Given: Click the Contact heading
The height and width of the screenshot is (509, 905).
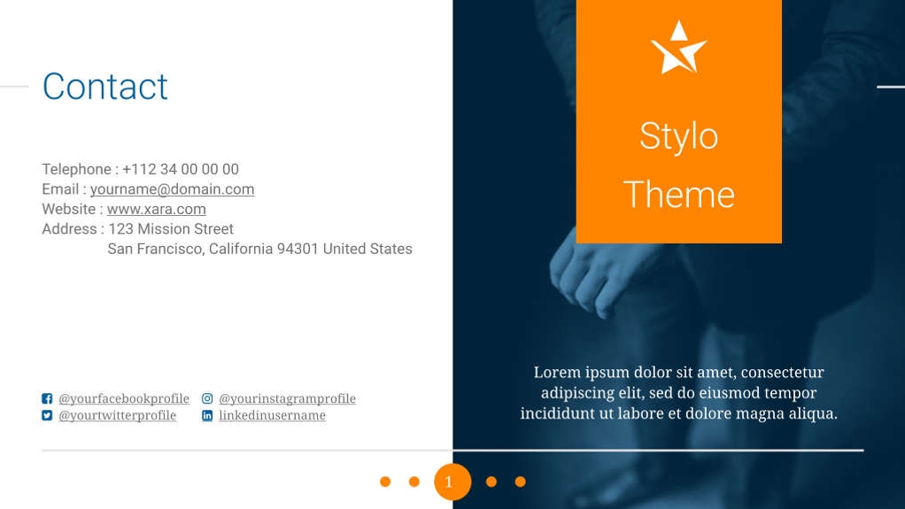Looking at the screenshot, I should pyautogui.click(x=104, y=87).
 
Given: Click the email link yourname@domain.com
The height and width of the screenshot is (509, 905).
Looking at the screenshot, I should pyautogui.click(x=172, y=189).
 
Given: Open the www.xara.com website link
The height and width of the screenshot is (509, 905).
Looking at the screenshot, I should pyautogui.click(x=156, y=209).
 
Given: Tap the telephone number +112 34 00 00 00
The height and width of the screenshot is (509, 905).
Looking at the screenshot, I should pyautogui.click(x=180, y=169).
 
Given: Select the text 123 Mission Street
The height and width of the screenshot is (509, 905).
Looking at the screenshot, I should pyautogui.click(x=170, y=229).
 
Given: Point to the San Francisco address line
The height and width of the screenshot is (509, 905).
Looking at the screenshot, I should pyautogui.click(x=259, y=249).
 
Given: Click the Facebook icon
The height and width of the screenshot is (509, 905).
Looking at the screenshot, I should pyautogui.click(x=47, y=398).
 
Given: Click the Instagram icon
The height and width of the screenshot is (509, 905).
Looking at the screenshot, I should pyautogui.click(x=207, y=398).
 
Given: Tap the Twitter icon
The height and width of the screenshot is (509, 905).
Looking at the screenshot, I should pyautogui.click(x=47, y=415).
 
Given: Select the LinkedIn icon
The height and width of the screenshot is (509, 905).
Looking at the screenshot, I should pyautogui.click(x=207, y=415).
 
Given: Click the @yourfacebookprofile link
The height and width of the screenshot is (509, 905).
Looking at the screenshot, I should pyautogui.click(x=124, y=398).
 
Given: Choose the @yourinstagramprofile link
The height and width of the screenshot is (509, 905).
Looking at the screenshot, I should pyautogui.click(x=287, y=398).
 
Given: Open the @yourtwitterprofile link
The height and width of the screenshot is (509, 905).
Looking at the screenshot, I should pyautogui.click(x=117, y=415).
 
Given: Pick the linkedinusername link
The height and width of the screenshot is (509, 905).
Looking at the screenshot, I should pyautogui.click(x=272, y=415).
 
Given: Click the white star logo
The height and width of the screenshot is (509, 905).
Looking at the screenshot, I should pyautogui.click(x=678, y=48).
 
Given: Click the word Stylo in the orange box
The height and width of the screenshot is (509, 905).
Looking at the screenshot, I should pyautogui.click(x=678, y=136).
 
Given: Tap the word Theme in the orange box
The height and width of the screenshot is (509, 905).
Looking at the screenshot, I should pyautogui.click(x=678, y=195).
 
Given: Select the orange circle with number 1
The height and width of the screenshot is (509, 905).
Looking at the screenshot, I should pyautogui.click(x=452, y=482).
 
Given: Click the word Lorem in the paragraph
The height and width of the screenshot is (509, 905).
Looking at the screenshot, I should pyautogui.click(x=556, y=373).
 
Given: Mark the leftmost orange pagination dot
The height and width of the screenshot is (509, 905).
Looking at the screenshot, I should pyautogui.click(x=385, y=482).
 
